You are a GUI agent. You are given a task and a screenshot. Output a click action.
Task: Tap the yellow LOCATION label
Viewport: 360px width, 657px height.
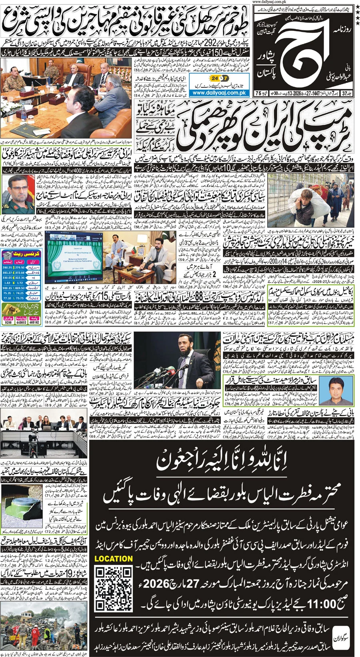[114, 559]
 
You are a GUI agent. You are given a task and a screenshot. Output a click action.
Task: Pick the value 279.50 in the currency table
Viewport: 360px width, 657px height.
[20, 267]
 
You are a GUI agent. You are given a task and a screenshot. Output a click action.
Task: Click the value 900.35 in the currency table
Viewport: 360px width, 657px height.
[7, 288]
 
